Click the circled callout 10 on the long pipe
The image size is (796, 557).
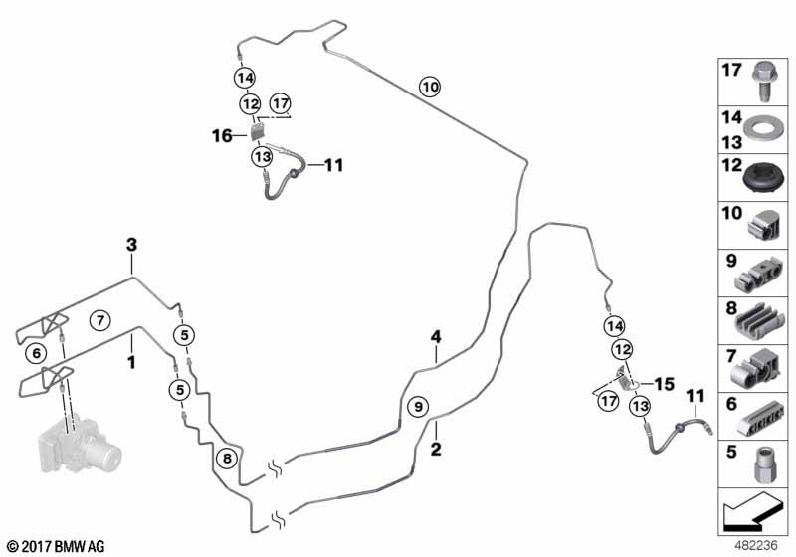(428, 87)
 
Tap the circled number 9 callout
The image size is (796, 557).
(418, 406)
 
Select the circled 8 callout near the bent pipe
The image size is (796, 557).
(226, 459)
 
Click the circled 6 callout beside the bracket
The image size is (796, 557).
(37, 352)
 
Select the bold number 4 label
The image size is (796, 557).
(435, 337)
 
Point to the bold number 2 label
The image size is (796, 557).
(435, 449)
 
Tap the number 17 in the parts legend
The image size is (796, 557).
(731, 71)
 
